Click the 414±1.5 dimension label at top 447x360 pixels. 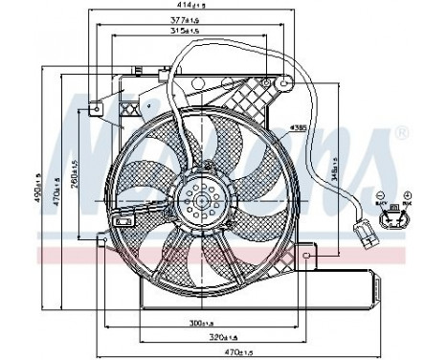pos(224,8)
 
